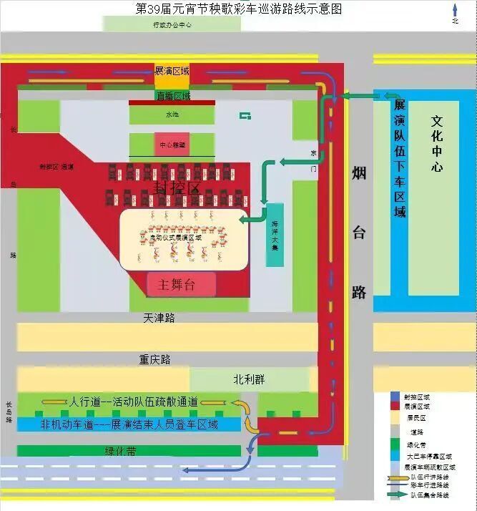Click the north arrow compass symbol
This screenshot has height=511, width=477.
(454, 14)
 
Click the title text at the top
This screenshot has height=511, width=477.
(239, 9)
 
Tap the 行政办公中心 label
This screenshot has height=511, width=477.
(172, 24)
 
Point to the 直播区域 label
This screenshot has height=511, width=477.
(172, 96)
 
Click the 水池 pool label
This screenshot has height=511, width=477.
(172, 115)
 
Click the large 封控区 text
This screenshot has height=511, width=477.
(177, 188)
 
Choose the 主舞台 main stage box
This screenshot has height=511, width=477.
(181, 284)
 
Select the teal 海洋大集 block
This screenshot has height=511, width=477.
(275, 235)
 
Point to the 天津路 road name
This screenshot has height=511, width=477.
(159, 317)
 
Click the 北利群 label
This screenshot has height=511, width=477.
(249, 379)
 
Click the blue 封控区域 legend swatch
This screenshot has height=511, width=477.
(395, 396)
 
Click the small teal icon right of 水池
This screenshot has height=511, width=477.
(245, 116)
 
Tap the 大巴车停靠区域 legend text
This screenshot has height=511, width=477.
(428, 456)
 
